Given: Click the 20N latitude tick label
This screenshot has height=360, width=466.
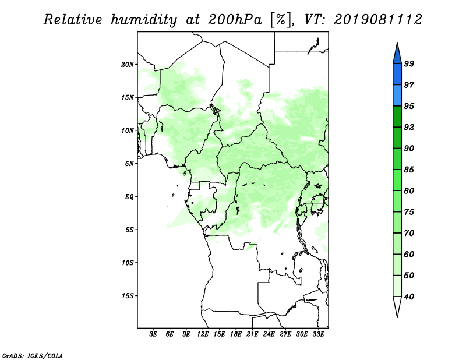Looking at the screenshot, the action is (x=128, y=65).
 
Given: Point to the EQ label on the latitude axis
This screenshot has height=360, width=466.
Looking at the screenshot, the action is (x=129, y=197).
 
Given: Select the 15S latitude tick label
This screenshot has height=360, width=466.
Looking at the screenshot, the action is (x=128, y=296).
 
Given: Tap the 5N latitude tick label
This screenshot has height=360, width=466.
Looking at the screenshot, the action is (x=129, y=164).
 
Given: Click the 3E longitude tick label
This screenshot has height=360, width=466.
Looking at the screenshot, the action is (x=153, y=334).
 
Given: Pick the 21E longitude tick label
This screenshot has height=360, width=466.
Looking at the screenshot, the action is (x=252, y=334).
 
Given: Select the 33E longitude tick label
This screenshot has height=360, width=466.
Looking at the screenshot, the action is (x=318, y=334).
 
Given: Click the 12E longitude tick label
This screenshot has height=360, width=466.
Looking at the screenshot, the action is (x=203, y=334).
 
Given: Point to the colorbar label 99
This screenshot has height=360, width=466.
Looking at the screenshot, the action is (x=409, y=63).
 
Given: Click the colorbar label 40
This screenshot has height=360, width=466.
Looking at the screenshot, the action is (x=409, y=297).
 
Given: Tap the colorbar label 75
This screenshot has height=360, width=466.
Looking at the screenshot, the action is (x=409, y=211).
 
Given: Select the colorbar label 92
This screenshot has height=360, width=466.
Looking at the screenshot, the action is (x=409, y=127).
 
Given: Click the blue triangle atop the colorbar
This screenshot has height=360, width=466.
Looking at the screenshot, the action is (x=397, y=55).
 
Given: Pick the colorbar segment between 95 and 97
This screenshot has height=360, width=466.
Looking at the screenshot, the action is (x=397, y=96).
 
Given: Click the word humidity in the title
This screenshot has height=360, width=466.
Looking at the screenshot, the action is (x=144, y=20).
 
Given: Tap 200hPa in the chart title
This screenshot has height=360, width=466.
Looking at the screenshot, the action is (x=235, y=20).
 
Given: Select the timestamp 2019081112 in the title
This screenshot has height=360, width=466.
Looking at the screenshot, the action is (x=377, y=20).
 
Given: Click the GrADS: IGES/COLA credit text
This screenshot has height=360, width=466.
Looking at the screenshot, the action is (x=33, y=355).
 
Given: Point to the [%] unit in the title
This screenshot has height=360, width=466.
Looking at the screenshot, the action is (x=281, y=20).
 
